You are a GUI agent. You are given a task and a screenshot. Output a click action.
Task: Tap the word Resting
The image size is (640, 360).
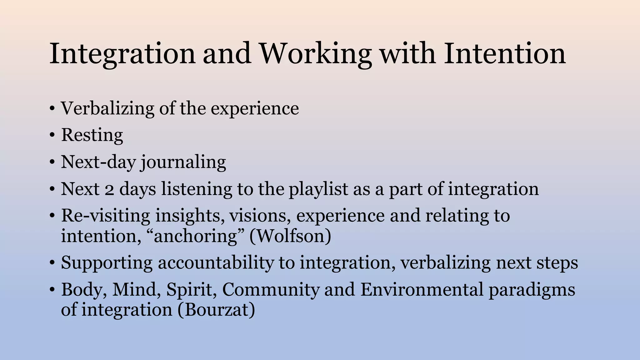pyautogui.click(x=92, y=135)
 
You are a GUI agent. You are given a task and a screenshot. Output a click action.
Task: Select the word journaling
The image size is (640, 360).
pyautogui.click(x=183, y=162)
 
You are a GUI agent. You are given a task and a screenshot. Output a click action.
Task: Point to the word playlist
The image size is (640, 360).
pyautogui.click(x=318, y=189)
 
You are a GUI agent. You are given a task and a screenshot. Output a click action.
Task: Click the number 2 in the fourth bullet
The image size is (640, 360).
pyautogui.click(x=109, y=190)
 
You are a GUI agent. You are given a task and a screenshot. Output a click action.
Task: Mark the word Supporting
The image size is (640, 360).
pyautogui.click(x=107, y=263)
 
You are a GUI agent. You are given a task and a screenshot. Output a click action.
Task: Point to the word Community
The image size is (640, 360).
pyautogui.click(x=271, y=289)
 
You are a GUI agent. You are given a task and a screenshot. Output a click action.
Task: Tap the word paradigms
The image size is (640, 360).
pyautogui.click(x=532, y=290)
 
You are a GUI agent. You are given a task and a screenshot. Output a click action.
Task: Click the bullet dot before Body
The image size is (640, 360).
pyautogui.click(x=52, y=290)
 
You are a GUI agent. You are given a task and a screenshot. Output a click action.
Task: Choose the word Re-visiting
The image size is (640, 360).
pyautogui.click(x=106, y=216)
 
